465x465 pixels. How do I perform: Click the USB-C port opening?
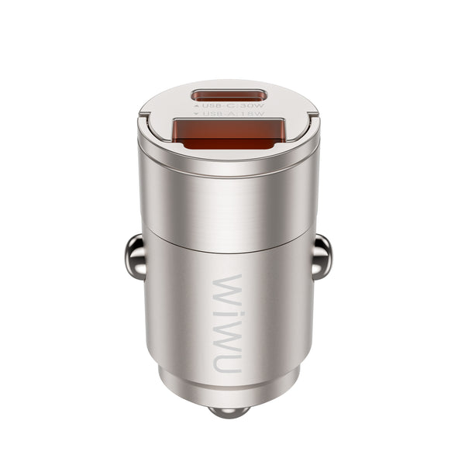click(229, 98)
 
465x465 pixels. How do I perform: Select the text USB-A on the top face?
click(214, 115)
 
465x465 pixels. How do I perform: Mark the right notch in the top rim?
click(313, 117)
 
